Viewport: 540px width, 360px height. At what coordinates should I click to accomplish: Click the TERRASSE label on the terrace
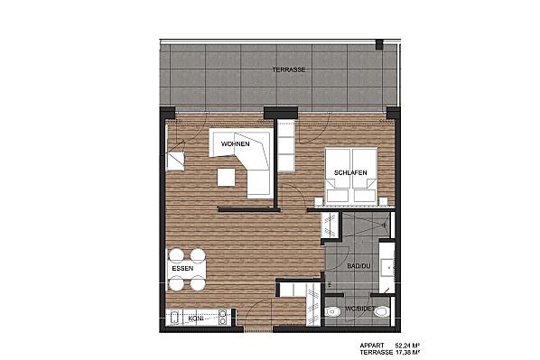pyautogui.click(x=289, y=69)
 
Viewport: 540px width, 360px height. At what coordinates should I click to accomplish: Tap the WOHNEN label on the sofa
pyautogui.click(x=235, y=143)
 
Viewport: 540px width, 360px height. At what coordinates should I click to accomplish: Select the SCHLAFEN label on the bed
pyautogui.click(x=350, y=172)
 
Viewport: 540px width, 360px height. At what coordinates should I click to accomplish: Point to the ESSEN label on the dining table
pyautogui.click(x=182, y=269)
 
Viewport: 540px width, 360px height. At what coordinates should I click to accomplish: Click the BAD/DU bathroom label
pyautogui.click(x=358, y=266)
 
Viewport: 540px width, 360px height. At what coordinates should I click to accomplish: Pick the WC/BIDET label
pyautogui.click(x=359, y=309)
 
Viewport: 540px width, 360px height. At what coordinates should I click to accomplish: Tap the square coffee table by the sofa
pyautogui.click(x=227, y=177)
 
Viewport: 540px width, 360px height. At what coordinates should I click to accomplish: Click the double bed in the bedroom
pyautogui.click(x=351, y=175)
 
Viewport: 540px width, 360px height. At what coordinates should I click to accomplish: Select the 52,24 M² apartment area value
pyautogui.click(x=407, y=346)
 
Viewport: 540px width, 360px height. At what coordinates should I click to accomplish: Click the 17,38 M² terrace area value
pyautogui.click(x=407, y=353)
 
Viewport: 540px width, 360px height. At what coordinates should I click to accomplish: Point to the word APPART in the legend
pyautogui.click(x=372, y=346)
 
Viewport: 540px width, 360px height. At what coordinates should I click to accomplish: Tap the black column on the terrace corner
pyautogui.click(x=379, y=44)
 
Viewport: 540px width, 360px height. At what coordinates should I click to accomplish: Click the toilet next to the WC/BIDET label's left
pyautogui.click(x=333, y=311)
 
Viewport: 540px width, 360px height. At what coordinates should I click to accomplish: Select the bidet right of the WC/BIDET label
pyautogui.click(x=382, y=312)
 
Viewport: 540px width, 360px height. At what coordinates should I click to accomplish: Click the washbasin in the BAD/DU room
pyautogui.click(x=386, y=267)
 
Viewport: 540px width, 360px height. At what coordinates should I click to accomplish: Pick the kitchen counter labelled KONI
pyautogui.click(x=199, y=318)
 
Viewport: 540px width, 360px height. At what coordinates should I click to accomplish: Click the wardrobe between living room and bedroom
pyautogui.click(x=286, y=146)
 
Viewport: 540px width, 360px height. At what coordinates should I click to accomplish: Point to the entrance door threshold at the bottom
pyautogui.click(x=258, y=329)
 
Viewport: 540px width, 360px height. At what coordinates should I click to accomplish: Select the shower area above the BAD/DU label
pyautogui.click(x=366, y=225)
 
